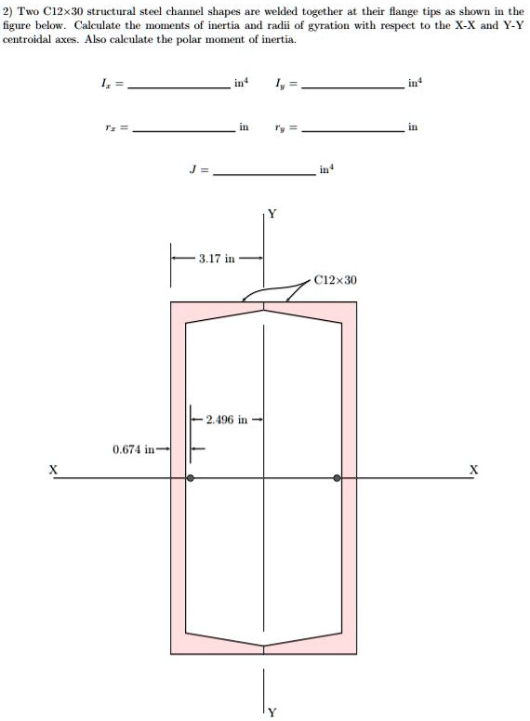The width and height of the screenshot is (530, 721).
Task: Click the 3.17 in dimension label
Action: pyautogui.click(x=217, y=258)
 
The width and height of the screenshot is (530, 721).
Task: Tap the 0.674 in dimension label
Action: pyautogui.click(x=132, y=449)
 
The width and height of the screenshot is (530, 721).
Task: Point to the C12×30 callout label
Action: pyautogui.click(x=335, y=279)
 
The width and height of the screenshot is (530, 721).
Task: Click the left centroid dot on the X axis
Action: pyautogui.click(x=191, y=478)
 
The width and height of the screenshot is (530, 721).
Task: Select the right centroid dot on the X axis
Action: pyautogui.click(x=338, y=478)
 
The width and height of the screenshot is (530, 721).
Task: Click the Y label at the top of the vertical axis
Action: pyautogui.click(x=272, y=214)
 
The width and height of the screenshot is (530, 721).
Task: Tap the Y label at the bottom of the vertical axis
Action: pyautogui.click(x=272, y=713)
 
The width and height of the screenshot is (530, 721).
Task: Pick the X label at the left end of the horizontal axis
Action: pyautogui.click(x=54, y=470)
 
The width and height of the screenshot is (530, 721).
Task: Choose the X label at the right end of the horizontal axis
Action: pyautogui.click(x=474, y=470)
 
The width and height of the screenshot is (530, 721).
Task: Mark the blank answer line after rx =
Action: pyautogui.click(x=183, y=131)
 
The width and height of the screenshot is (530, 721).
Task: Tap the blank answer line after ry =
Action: pyautogui.click(x=353, y=131)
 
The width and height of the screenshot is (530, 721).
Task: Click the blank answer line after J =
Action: pyautogui.click(x=265, y=175)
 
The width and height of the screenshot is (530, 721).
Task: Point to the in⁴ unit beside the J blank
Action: pyautogui.click(x=325, y=169)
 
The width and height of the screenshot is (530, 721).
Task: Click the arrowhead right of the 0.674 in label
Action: pyautogui.click(x=166, y=449)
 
